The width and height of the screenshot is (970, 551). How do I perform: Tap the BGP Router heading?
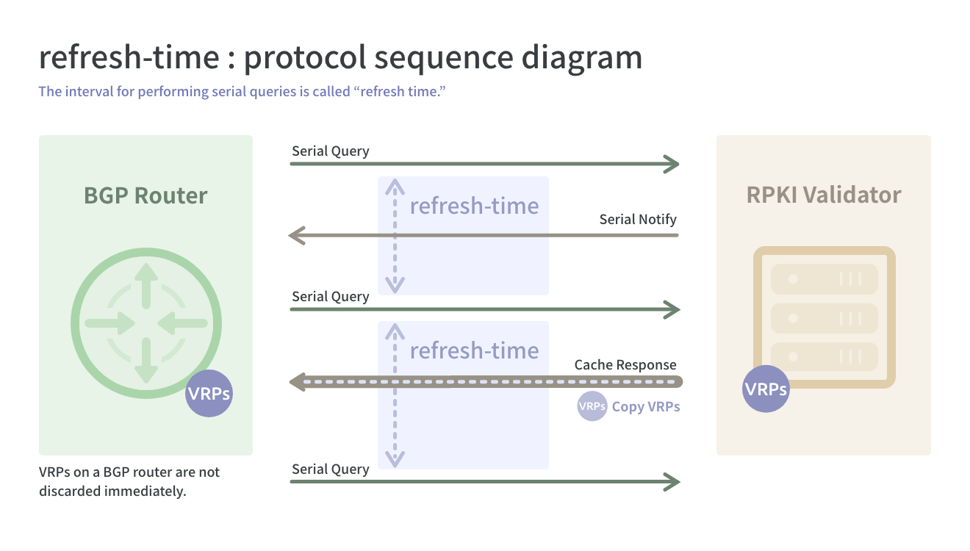pyautogui.click(x=145, y=195)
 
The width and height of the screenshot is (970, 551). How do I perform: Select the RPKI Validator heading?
pyautogui.click(x=824, y=195)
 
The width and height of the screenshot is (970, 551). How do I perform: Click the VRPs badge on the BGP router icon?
pyautogui.click(x=209, y=394)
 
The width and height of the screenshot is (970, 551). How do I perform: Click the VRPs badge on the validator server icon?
pyautogui.click(x=766, y=389)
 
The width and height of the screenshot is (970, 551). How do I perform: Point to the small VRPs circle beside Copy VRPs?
pyautogui.click(x=592, y=406)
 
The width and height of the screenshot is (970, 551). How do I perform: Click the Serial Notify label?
pyautogui.click(x=638, y=220)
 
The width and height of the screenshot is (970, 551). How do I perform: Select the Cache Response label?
pyautogui.click(x=625, y=365)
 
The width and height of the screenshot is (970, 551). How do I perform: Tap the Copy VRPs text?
pyautogui.click(x=646, y=407)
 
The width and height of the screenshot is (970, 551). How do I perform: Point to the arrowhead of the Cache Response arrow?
pyautogui.click(x=297, y=382)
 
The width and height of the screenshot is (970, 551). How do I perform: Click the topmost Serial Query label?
pyautogui.click(x=331, y=151)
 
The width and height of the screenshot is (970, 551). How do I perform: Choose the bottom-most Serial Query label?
pyautogui.click(x=331, y=469)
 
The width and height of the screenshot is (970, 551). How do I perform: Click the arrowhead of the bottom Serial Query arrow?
pyautogui.click(x=672, y=482)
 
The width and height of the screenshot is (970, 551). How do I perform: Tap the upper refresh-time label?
pyautogui.click(x=474, y=205)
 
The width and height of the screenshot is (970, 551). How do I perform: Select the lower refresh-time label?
pyautogui.click(x=474, y=350)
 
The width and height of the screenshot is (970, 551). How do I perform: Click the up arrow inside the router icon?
pyautogui.click(x=146, y=285)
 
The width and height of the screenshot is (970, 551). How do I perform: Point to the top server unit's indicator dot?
pyautogui.click(x=793, y=278)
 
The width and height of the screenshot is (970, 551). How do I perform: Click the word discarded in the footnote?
pyautogui.click(x=70, y=491)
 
